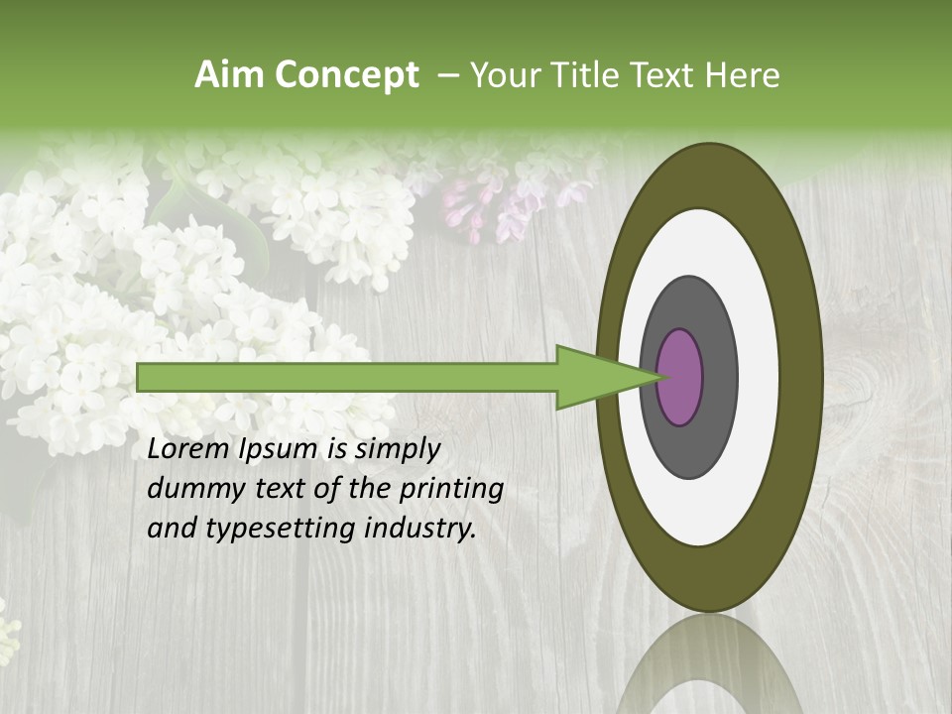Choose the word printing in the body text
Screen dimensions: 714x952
pos(451,489)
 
